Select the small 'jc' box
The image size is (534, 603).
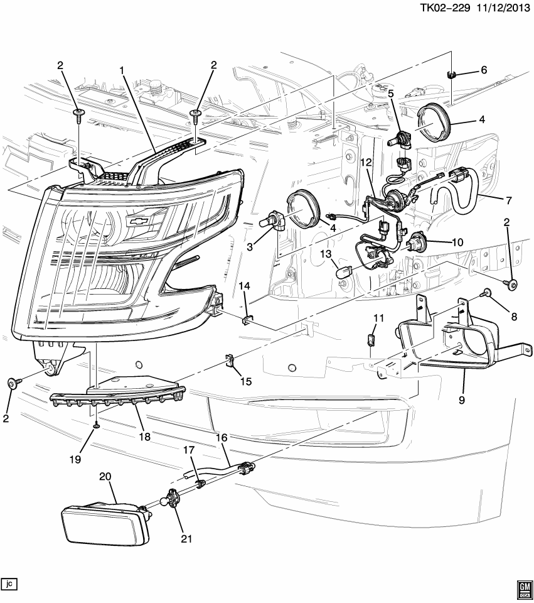(9, 584)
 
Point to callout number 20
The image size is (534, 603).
(104, 477)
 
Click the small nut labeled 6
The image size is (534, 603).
(451, 75)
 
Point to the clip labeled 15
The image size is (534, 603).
(230, 362)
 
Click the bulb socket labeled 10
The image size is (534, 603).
(417, 243)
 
